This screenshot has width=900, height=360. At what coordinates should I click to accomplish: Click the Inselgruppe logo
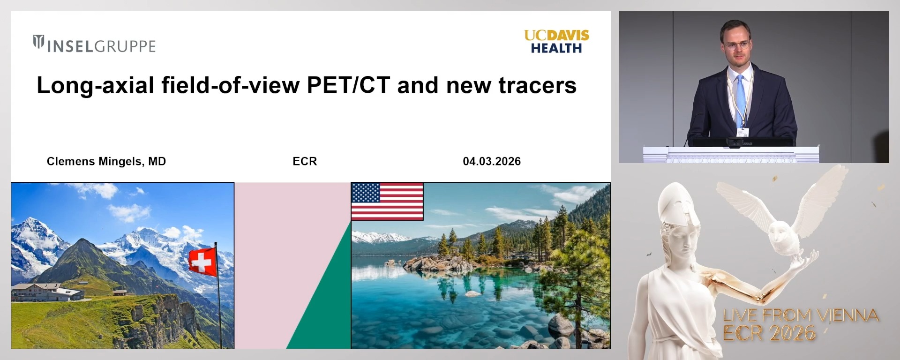[x=94, y=45]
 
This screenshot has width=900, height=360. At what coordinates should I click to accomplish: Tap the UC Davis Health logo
[x=556, y=42]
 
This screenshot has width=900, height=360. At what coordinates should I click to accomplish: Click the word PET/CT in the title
[x=348, y=85]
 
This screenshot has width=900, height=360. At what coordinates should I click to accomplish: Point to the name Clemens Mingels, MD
[x=106, y=161]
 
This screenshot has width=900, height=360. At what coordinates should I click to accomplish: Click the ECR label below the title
[x=305, y=161]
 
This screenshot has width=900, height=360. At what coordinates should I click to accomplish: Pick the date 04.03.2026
[x=492, y=161]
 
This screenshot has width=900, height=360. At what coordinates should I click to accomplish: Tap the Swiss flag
[x=202, y=262]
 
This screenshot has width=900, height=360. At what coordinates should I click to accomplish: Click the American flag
[x=387, y=201]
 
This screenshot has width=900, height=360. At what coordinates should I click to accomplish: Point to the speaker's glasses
[x=736, y=45]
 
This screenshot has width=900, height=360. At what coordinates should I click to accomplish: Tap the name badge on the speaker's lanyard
[x=742, y=132]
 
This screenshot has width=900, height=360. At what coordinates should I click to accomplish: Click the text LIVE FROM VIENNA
[x=801, y=315]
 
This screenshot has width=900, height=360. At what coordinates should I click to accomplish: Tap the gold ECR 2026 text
[x=769, y=333]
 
